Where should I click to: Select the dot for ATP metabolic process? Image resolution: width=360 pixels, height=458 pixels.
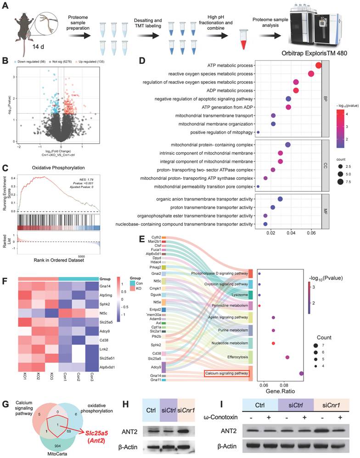(x=318, y=65)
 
